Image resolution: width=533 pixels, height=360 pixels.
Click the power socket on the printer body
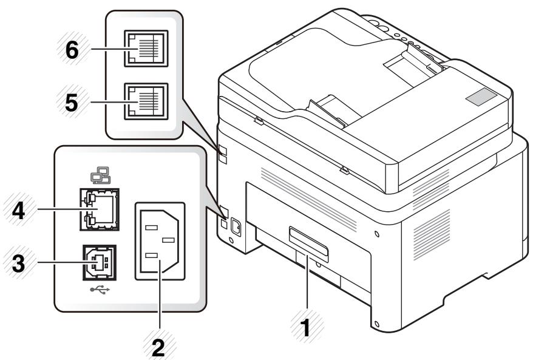pos(234,226)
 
